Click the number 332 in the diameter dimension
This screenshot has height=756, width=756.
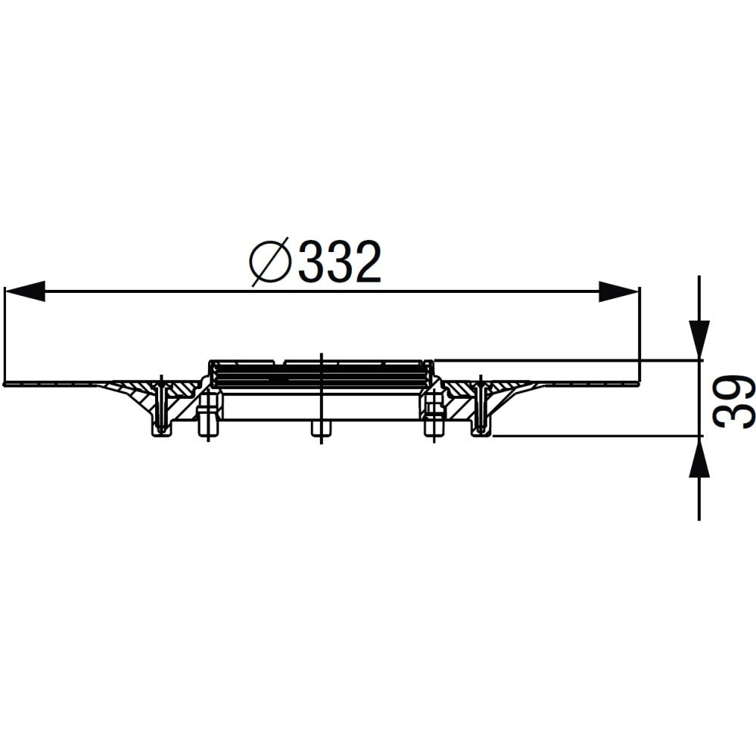pos(339,263)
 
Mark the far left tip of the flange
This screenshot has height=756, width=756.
pos(6,384)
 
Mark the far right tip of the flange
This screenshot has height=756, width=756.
pos(637,383)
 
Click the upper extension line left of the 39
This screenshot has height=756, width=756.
pos(568,360)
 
